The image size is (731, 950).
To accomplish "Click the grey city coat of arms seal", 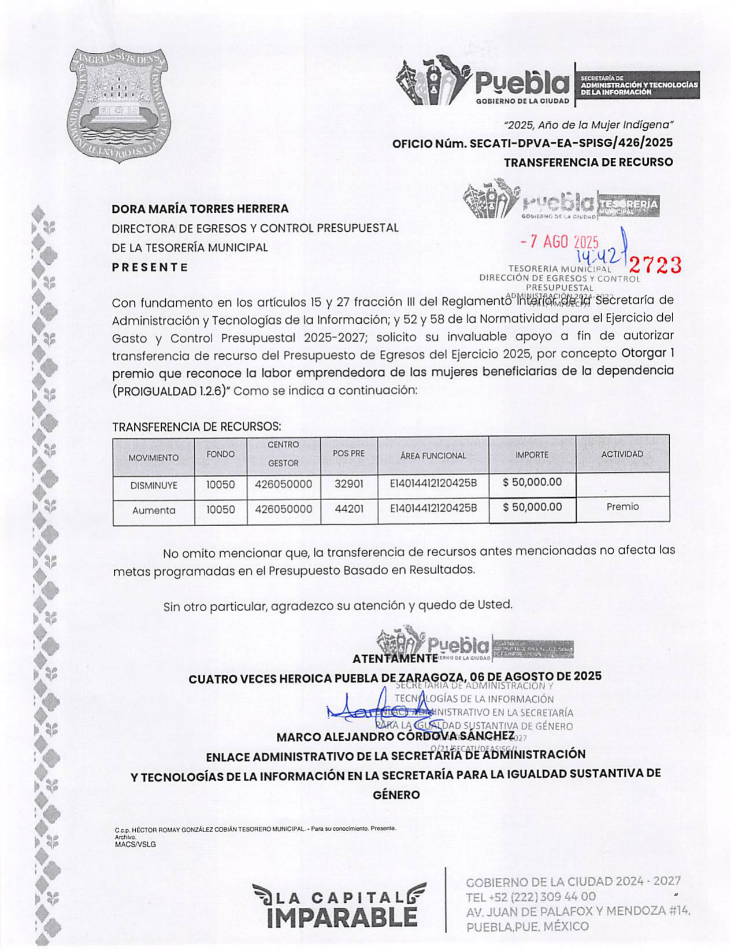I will pyautogui.click(x=119, y=105).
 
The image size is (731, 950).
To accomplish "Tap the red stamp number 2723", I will pyautogui.click(x=655, y=265).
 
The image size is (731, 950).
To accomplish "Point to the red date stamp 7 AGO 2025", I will pyautogui.click(x=559, y=242).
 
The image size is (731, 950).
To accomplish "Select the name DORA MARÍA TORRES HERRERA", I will pyautogui.click(x=200, y=209).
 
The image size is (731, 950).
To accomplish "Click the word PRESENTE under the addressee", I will pyautogui.click(x=150, y=267).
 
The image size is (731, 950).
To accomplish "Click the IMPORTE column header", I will pyautogui.click(x=532, y=455).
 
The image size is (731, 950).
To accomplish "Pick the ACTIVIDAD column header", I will pyautogui.click(x=622, y=454).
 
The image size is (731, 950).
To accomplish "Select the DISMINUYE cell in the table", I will pyautogui.click(x=154, y=486).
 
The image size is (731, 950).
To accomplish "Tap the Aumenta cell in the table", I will pyautogui.click(x=154, y=511).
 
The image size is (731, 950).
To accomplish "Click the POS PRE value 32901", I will pyautogui.click(x=348, y=484).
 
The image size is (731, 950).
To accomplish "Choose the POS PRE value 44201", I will pyautogui.click(x=348, y=509).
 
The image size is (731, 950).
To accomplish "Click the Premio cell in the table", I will pyautogui.click(x=622, y=507).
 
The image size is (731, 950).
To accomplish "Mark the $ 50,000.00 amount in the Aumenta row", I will pyautogui.click(x=532, y=508).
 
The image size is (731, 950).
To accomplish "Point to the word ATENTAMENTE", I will pyautogui.click(x=395, y=659).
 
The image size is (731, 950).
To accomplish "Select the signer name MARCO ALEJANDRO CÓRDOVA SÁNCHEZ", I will pyautogui.click(x=395, y=737).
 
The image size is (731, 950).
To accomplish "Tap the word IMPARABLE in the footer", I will pyautogui.click(x=342, y=918).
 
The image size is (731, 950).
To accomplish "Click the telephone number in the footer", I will pyautogui.click(x=530, y=897).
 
